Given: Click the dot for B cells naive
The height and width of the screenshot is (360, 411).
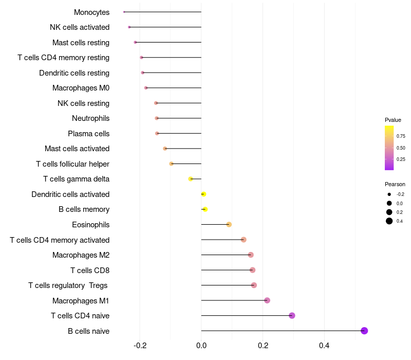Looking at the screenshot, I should [364, 331].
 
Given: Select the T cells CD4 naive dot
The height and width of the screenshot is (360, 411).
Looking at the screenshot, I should [292, 316].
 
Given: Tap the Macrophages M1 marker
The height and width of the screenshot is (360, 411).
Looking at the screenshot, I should [267, 300].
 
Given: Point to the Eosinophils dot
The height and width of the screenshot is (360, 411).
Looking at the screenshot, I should [229, 224].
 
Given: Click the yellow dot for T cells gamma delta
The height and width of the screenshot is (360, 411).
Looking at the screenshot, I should [191, 179].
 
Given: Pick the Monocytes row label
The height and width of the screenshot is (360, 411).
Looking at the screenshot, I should [91, 12].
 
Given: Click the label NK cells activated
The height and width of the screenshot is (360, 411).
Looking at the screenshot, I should [80, 27].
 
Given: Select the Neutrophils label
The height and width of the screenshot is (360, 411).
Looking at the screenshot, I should [90, 118].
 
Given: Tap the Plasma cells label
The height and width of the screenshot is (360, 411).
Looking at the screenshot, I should [88, 134].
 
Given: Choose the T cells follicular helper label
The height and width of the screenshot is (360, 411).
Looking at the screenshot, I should [72, 164].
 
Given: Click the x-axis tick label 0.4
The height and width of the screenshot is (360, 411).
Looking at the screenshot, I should [324, 346].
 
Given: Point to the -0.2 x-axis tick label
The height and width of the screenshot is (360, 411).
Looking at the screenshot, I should [140, 346].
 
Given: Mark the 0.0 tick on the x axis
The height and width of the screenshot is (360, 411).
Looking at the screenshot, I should [201, 346].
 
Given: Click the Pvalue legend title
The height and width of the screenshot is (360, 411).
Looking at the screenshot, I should [393, 120].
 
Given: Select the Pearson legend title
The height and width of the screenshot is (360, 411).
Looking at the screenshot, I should [395, 184].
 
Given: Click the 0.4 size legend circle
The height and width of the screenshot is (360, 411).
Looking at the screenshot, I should [389, 221].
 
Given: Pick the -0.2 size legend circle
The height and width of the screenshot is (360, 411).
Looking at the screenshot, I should [389, 194].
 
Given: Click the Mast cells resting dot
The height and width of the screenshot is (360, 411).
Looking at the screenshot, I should [135, 42].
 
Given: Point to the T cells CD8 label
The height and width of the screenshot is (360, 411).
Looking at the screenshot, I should [89, 270].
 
